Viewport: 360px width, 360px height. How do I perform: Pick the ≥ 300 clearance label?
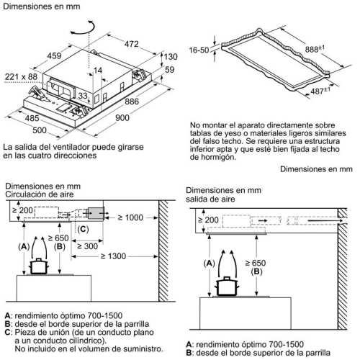click(x=87, y=245)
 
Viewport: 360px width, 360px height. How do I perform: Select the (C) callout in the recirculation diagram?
click(x=83, y=229)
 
